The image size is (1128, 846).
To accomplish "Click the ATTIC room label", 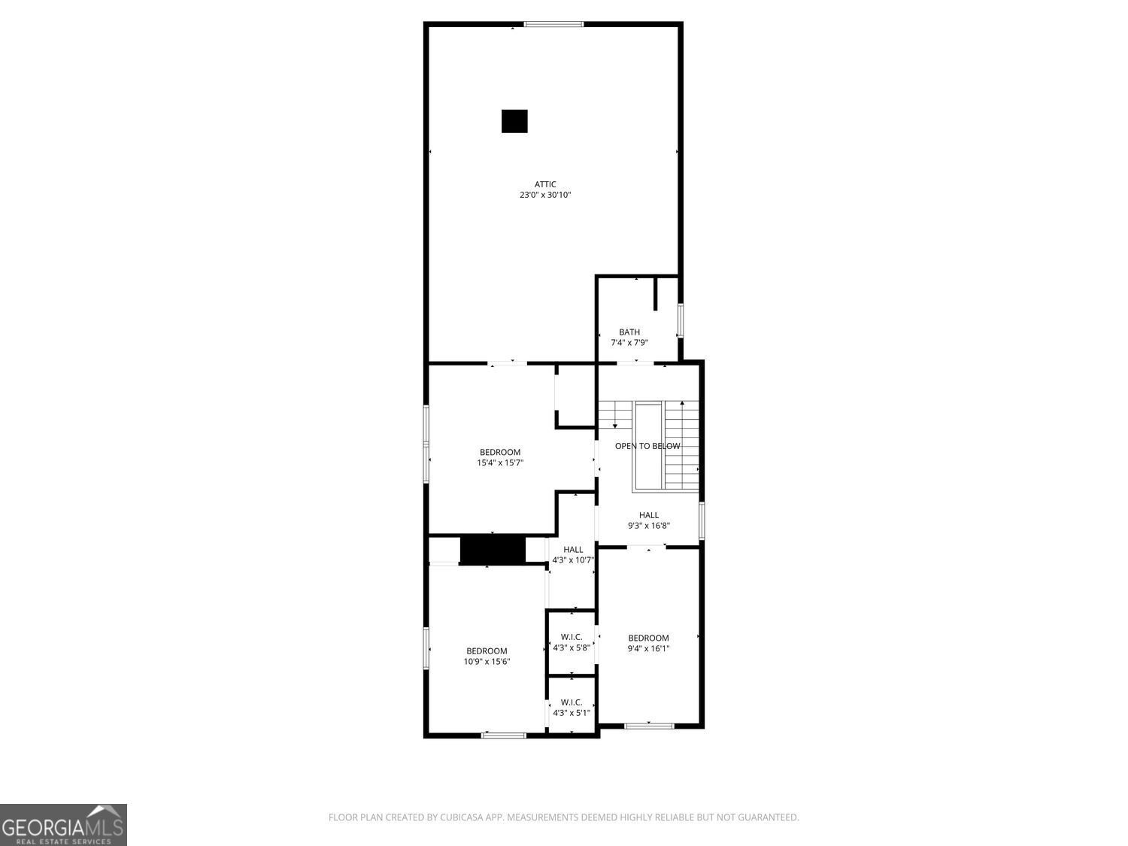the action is click(544, 184).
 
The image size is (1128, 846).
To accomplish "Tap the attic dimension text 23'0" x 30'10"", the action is click(544, 196).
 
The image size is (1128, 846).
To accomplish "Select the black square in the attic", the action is click(514, 121).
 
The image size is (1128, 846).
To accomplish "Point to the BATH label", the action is click(629, 332).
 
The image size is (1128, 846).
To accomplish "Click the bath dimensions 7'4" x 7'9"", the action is click(629, 343).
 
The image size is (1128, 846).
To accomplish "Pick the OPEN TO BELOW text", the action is click(647, 446).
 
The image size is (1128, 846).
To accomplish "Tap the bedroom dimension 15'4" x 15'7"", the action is click(500, 462).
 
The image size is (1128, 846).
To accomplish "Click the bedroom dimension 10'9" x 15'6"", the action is click(487, 662).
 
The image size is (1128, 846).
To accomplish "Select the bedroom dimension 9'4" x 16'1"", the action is click(648, 649).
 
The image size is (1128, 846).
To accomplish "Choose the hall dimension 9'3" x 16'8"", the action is click(648, 526).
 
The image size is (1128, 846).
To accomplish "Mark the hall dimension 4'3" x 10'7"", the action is click(573, 560).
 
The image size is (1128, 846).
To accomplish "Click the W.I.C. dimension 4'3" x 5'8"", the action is click(572, 647).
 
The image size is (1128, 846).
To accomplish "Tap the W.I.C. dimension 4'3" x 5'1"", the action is click(572, 713).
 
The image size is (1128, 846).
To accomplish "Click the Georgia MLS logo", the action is click(63, 824).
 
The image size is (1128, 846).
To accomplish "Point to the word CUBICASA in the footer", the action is click(462, 817).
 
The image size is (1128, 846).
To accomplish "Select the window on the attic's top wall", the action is click(553, 24).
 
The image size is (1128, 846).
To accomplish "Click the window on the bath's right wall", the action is click(680, 320).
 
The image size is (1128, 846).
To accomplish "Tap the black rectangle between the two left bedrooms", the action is click(493, 550).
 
